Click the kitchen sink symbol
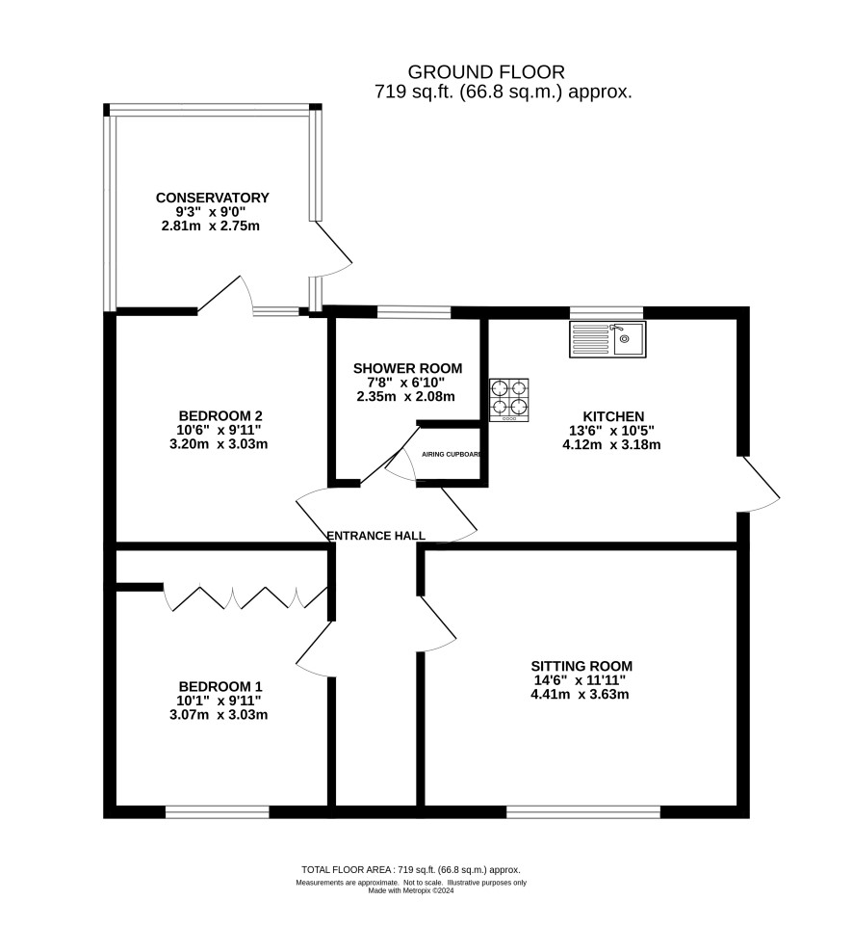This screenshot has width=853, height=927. [607, 339]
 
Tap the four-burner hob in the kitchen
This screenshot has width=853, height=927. [509, 400]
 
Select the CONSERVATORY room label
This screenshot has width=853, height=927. [213, 198]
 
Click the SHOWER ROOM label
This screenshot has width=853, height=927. [407, 368]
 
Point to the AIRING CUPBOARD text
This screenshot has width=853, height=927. [452, 455]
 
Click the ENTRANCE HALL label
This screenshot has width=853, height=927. [376, 536]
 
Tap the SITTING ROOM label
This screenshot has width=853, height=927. [582, 666]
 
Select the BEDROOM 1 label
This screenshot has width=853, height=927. [220, 686]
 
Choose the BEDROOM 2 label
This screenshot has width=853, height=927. [220, 415]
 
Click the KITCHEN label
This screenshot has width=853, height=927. [613, 416]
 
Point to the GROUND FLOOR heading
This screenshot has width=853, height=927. [486, 72]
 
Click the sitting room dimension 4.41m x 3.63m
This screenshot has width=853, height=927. [580, 694]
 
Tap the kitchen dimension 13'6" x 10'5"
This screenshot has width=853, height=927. [612, 431]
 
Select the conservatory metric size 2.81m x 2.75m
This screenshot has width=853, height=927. [210, 225]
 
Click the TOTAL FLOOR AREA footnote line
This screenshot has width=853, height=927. [410, 869]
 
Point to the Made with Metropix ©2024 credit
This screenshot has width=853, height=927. [410, 890]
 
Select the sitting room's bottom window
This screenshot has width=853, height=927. [583, 812]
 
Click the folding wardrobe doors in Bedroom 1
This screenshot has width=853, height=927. [246, 597]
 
